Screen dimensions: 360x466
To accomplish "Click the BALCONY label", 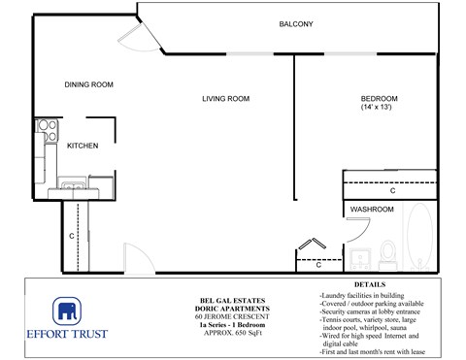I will point(296,24).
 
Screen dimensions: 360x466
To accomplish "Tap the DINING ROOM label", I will point(89,85).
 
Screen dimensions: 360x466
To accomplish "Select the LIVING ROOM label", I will point(226,99).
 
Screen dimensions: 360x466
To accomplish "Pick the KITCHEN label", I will point(83,146).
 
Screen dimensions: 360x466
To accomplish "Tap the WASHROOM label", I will point(372,210).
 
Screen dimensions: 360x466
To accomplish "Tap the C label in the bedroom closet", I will point(392,190).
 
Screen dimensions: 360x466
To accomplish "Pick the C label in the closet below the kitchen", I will point(72,235).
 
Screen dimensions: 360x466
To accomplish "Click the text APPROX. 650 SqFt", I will point(231,330).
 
